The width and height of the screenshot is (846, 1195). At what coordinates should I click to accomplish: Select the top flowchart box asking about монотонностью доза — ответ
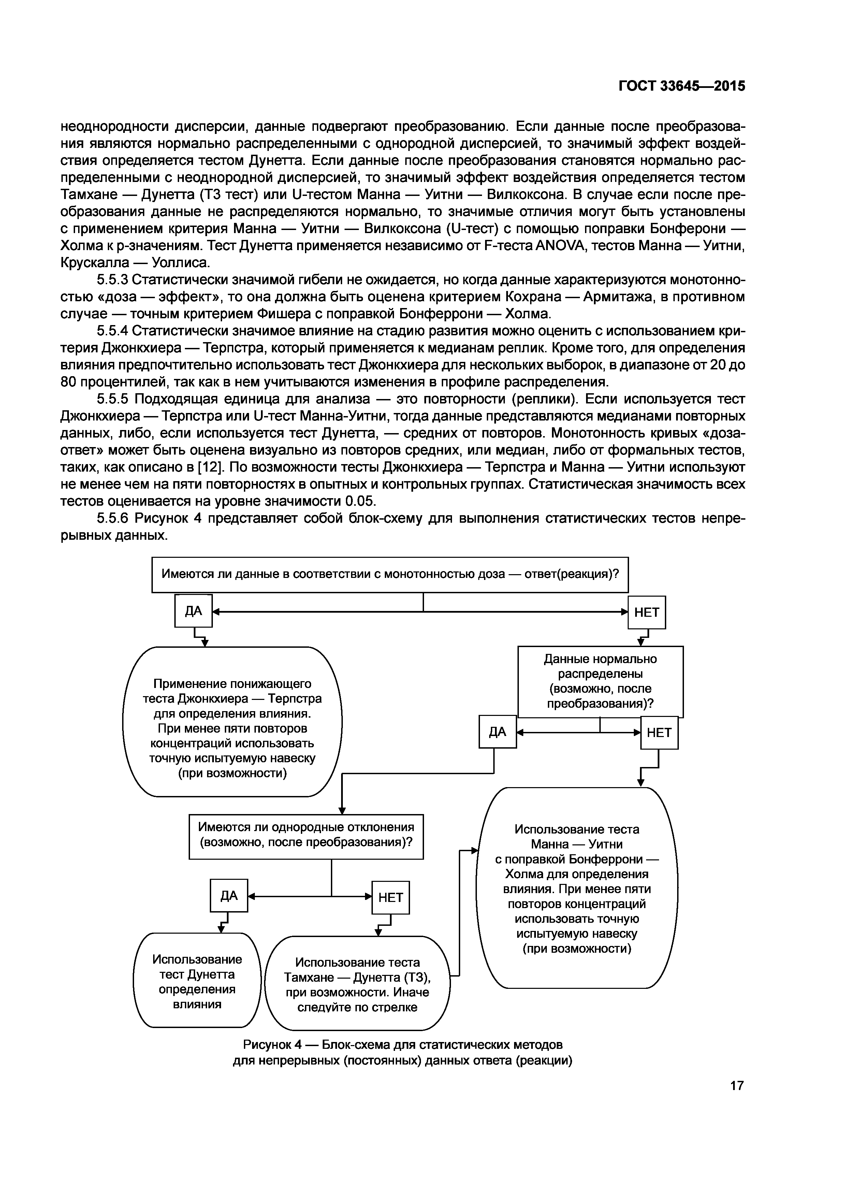click(x=390, y=574)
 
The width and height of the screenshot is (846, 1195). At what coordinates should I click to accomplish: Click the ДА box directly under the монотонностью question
click(x=193, y=611)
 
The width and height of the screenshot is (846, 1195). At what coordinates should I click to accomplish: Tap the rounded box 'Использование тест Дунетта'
click(x=197, y=981)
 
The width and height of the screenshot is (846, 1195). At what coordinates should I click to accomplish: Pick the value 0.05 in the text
click(x=360, y=501)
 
